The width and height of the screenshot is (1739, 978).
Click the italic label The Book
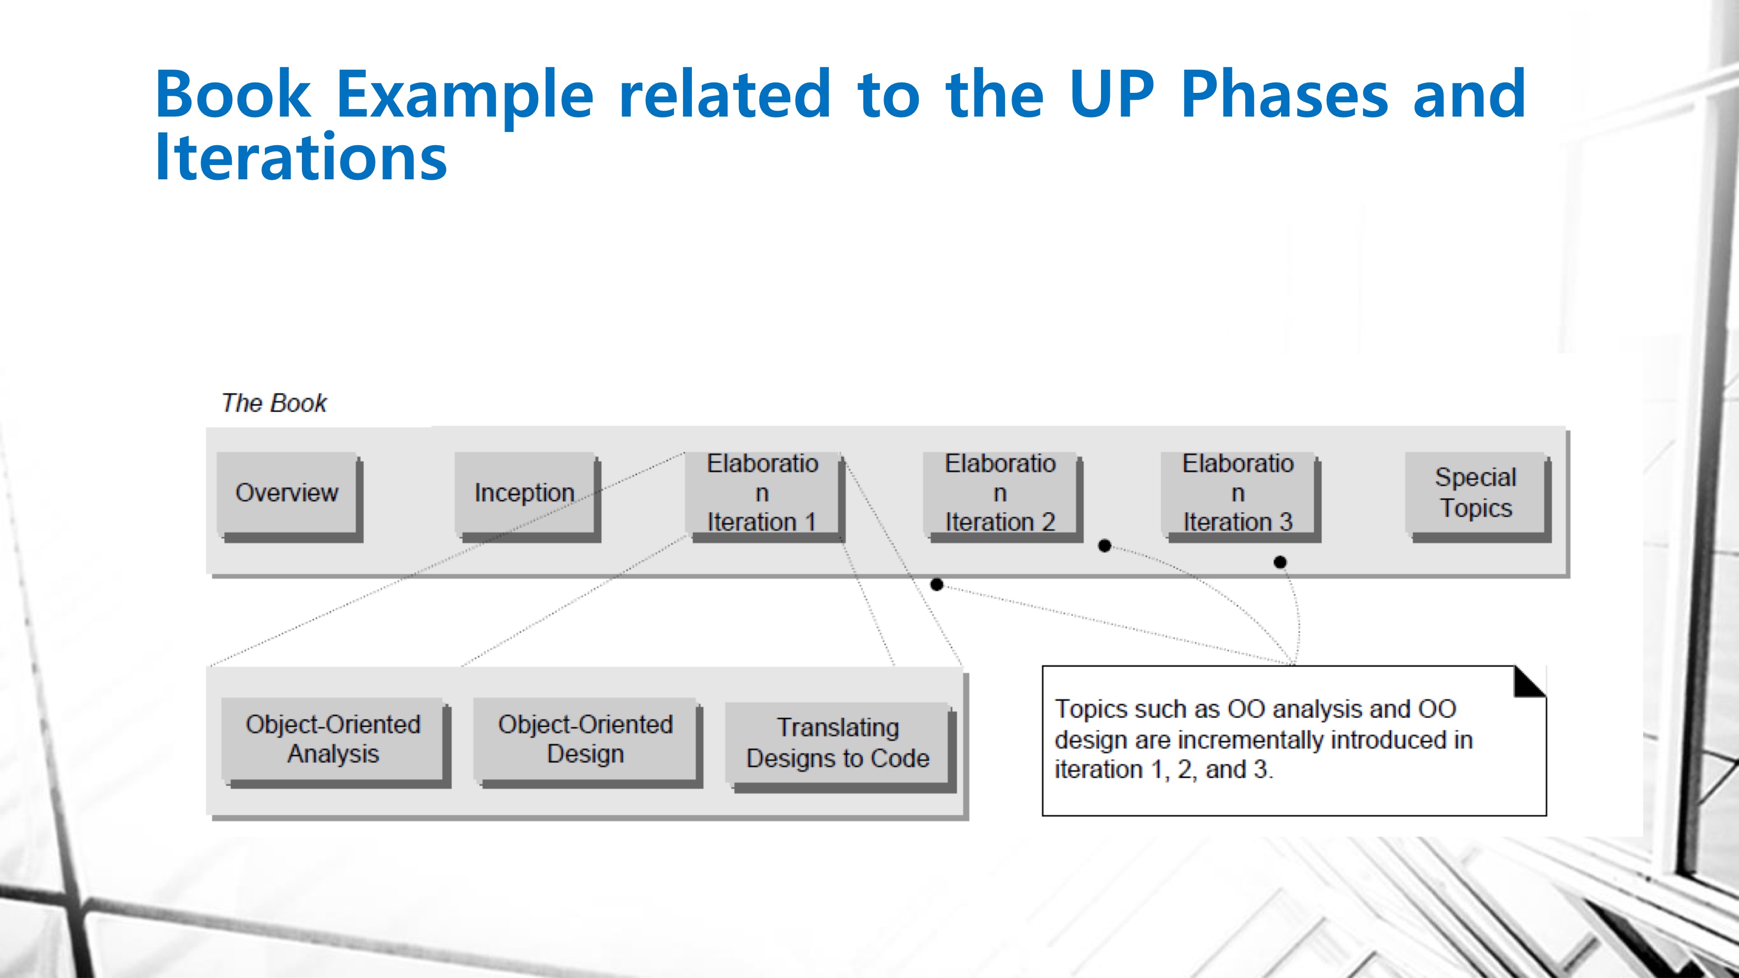274,403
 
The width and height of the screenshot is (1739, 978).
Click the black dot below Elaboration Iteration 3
1280,562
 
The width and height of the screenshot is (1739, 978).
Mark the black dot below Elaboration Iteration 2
1104,545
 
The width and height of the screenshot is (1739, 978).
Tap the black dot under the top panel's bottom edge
936,584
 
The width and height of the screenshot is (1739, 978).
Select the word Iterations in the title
301,157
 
